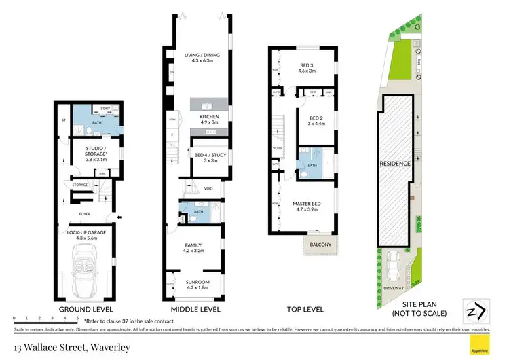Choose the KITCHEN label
click(208, 118)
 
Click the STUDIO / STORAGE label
click(96, 151)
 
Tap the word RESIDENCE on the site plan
click(396, 164)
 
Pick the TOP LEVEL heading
click(305, 310)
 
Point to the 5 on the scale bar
click(77, 317)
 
